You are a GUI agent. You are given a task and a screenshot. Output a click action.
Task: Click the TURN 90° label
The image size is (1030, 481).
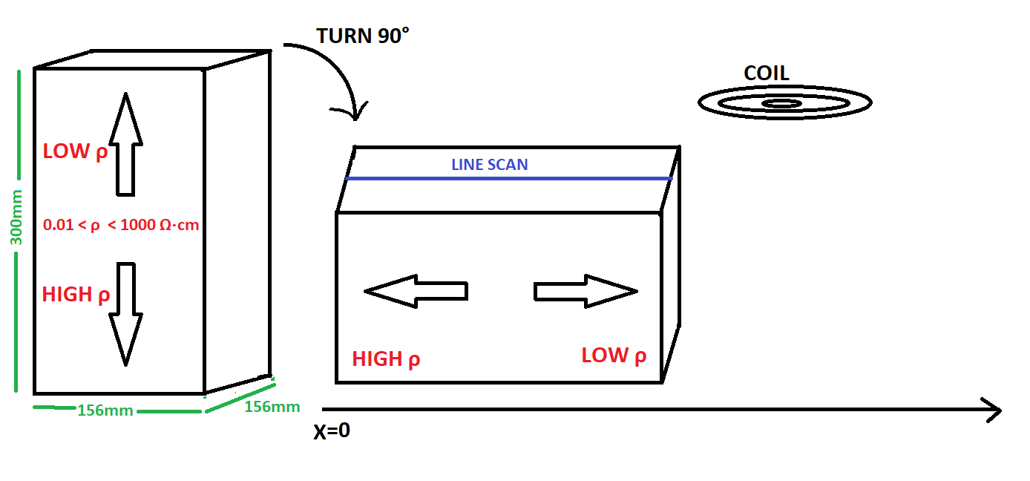(x=363, y=36)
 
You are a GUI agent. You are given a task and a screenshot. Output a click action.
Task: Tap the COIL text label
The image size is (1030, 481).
(x=767, y=73)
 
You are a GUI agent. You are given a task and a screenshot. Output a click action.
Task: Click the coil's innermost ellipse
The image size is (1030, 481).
(x=781, y=104)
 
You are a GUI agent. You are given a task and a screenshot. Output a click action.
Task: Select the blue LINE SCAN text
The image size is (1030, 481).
(x=489, y=165)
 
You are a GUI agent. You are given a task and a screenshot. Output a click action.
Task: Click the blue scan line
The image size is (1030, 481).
(x=509, y=178)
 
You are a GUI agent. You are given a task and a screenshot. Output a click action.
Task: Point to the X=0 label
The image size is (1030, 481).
(x=332, y=431)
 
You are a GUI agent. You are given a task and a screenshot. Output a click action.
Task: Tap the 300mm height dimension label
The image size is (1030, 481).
(x=16, y=217)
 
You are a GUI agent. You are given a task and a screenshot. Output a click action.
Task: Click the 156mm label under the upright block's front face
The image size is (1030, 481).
(x=105, y=410)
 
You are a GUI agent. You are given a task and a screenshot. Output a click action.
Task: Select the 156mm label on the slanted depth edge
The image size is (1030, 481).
(x=272, y=407)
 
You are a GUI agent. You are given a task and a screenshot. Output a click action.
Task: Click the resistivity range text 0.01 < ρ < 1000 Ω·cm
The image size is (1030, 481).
(x=121, y=225)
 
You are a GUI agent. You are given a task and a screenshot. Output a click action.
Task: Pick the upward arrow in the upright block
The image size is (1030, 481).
(x=125, y=145)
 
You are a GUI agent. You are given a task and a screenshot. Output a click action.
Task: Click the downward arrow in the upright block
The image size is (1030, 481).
(x=125, y=315)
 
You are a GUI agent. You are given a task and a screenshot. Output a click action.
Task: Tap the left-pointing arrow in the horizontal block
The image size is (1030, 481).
(x=416, y=292)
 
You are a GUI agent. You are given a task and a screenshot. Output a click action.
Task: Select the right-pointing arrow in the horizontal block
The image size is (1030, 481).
(x=585, y=292)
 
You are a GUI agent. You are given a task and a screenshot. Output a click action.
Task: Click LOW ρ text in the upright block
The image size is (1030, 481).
(x=76, y=151)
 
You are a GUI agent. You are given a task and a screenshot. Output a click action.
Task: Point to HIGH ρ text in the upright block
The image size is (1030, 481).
(x=76, y=295)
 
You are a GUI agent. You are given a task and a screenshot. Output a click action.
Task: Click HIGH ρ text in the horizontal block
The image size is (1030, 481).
(x=386, y=359)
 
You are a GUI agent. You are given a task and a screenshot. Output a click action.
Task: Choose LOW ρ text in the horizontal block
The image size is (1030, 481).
(x=614, y=356)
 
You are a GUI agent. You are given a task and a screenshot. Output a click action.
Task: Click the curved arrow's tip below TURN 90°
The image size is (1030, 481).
(x=355, y=120)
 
